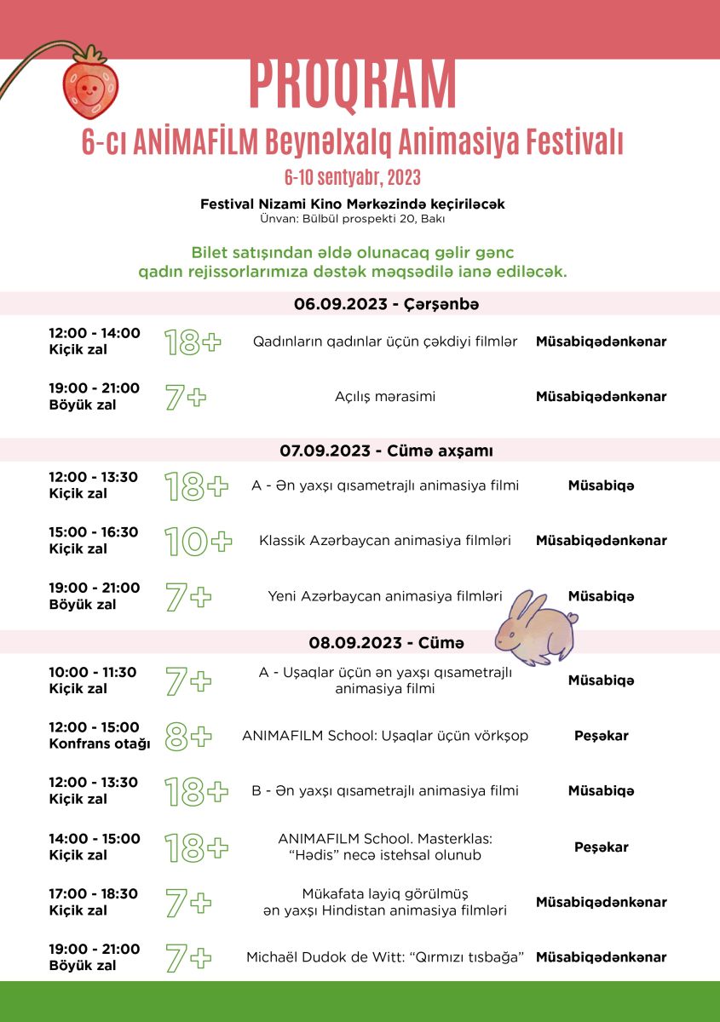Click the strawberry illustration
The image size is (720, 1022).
click(x=90, y=86)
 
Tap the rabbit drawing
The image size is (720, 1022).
click(x=536, y=629)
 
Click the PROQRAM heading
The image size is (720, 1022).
click(x=353, y=83)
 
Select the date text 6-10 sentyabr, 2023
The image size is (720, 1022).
click(x=353, y=177)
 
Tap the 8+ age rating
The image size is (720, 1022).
click(x=187, y=737)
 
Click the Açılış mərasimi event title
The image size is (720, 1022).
click(x=385, y=396)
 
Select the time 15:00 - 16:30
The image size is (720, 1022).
click(x=94, y=532)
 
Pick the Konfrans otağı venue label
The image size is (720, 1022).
click(x=100, y=744)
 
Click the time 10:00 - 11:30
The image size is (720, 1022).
click(x=92, y=672)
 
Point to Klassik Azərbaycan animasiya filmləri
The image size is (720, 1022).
click(x=385, y=541)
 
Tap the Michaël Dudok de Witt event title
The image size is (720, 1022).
click(x=385, y=957)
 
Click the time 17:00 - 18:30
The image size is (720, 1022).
click(x=94, y=894)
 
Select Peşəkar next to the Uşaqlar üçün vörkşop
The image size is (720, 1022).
click(x=601, y=736)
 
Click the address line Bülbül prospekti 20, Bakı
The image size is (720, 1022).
click(x=353, y=219)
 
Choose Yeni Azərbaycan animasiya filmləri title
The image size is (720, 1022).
click(x=385, y=596)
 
